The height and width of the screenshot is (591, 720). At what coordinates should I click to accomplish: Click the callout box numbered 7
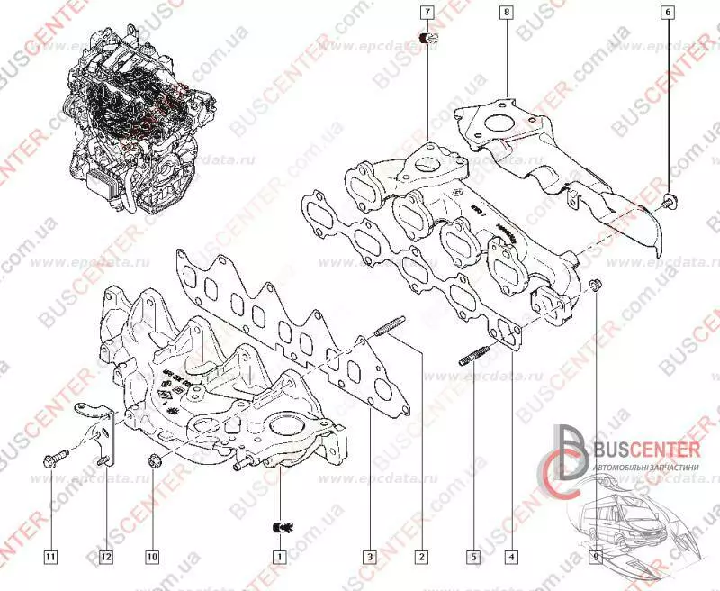click(x=427, y=14)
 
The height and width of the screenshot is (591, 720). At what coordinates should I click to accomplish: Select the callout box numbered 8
click(x=508, y=14)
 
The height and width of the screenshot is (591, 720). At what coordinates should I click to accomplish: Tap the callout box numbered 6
click(x=667, y=14)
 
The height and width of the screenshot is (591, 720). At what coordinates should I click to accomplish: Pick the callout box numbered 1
click(x=281, y=557)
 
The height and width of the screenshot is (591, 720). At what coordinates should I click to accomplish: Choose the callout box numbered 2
click(x=420, y=557)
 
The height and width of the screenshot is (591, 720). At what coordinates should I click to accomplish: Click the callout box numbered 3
click(x=369, y=557)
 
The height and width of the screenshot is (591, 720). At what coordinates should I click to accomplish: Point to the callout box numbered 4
click(x=510, y=557)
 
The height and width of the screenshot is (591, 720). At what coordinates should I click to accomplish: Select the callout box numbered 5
click(x=472, y=557)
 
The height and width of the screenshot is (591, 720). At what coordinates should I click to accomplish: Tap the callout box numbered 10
click(x=151, y=557)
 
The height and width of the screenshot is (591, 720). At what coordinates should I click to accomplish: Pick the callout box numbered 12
click(x=105, y=557)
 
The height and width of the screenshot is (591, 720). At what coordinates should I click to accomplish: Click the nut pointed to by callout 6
click(x=669, y=199)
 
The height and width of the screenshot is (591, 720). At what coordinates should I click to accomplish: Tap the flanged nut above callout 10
click(x=152, y=463)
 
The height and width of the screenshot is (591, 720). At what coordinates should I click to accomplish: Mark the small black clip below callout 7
click(x=427, y=39)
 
